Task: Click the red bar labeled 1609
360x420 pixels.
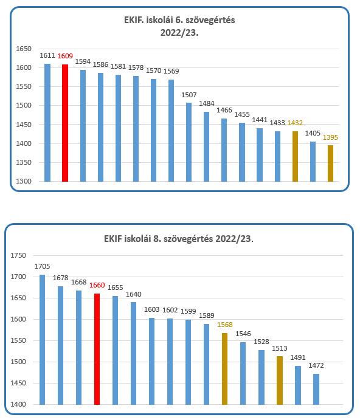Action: point(65,123)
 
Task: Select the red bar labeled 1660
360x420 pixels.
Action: point(97,349)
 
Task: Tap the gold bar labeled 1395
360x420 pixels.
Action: point(331,164)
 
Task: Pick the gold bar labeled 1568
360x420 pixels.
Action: point(224,369)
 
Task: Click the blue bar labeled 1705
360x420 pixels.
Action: point(43,340)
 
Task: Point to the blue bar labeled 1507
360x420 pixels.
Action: point(189,142)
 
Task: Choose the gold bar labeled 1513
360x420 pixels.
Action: point(280,380)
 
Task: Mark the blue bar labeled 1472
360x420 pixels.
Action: point(316,389)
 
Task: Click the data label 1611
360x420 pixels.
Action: point(47,55)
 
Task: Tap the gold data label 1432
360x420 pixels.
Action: point(295,123)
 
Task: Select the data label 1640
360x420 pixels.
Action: point(134,294)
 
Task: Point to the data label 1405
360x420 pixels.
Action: point(313,133)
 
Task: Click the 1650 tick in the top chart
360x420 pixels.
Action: point(24,49)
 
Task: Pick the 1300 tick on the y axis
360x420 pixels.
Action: point(24,181)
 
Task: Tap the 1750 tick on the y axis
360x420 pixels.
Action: point(18,255)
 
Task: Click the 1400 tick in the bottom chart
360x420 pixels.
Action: point(18,404)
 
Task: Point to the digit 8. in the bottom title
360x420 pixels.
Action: point(157,238)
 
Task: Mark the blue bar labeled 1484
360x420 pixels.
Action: point(206,146)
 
